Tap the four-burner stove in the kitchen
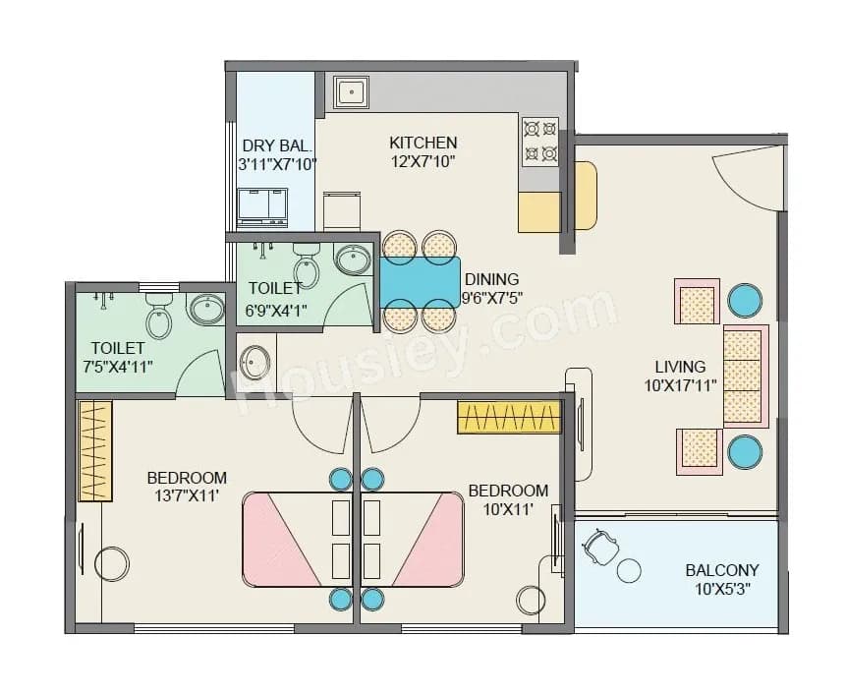[539, 142]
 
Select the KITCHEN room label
[423, 143]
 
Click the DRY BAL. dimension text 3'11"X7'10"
[277, 164]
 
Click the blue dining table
[420, 282]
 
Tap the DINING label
[491, 279]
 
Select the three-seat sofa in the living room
[745, 375]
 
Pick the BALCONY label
[722, 570]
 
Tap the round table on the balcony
[629, 571]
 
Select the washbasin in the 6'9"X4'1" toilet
[353, 261]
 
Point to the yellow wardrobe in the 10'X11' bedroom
[508, 417]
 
